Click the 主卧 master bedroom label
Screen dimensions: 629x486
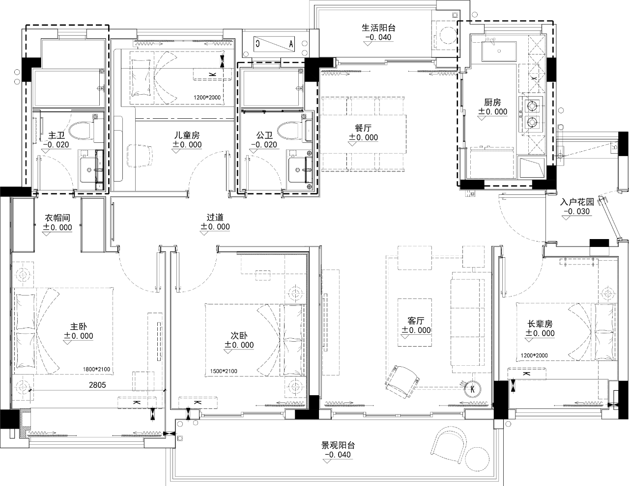coord(79,326)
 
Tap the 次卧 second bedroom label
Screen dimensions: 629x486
coord(239,335)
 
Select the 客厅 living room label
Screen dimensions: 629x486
coord(416,321)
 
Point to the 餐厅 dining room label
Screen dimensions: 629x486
coord(363,128)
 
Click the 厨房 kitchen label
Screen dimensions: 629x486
coord(492,102)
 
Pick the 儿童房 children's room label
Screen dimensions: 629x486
coord(187,135)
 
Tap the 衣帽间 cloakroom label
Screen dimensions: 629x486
coord(57,217)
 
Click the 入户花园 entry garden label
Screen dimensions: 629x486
coord(577,202)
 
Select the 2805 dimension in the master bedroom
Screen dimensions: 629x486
coord(97,385)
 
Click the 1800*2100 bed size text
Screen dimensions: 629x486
coord(96,369)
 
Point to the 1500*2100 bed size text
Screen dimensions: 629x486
coord(224,371)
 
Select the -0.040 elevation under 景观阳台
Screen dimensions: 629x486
coord(338,455)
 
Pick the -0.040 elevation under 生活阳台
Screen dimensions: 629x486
coord(378,37)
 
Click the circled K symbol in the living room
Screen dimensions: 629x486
coord(472,389)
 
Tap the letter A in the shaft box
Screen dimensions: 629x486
coord(291,44)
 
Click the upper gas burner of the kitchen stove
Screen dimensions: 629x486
coord(532,106)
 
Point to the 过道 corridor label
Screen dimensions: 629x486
coord(215,217)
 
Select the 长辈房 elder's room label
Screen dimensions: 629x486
coord(540,324)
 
